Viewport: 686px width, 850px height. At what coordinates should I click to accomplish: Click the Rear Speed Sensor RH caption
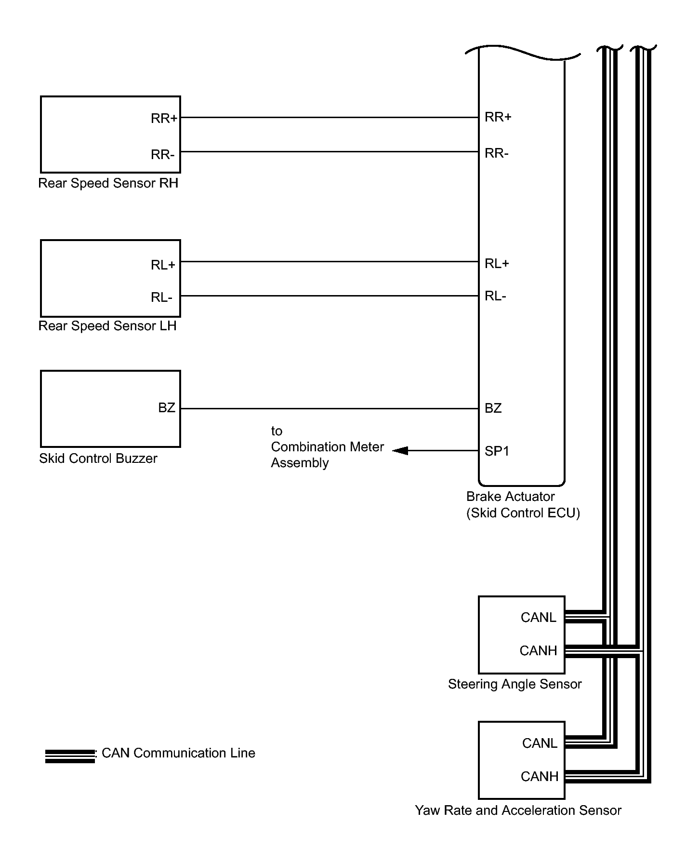click(108, 183)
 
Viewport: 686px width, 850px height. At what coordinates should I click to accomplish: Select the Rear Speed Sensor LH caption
click(107, 326)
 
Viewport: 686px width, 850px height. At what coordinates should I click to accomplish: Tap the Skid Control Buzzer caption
click(98, 458)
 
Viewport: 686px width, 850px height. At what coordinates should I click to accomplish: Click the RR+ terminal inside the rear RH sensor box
click(164, 118)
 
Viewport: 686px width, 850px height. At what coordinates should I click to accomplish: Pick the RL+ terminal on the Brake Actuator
click(497, 264)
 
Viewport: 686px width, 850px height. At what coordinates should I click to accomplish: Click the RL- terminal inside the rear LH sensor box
click(161, 297)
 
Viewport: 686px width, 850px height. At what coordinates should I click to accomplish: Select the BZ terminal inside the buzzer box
click(167, 408)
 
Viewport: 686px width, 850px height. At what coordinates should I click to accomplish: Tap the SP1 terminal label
click(497, 451)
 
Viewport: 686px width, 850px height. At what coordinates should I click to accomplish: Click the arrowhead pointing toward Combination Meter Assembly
click(400, 451)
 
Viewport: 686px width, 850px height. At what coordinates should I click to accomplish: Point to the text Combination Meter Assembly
click(328, 455)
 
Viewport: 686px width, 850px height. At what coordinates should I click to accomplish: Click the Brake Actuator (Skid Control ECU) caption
click(523, 505)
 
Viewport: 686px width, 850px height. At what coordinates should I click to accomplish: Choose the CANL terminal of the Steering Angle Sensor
click(539, 618)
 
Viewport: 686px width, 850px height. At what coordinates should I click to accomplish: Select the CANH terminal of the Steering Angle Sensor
click(539, 651)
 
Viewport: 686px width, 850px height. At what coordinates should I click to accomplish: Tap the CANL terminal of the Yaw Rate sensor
click(540, 743)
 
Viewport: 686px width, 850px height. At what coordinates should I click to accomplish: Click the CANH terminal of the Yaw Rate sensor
click(540, 777)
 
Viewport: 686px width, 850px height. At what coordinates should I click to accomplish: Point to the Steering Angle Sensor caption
click(515, 684)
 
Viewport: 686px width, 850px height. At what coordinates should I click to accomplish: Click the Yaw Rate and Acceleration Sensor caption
click(518, 810)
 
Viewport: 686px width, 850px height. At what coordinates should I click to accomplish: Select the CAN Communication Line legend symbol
click(70, 756)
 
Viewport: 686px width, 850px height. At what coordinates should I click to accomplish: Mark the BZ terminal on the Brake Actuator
click(493, 408)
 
